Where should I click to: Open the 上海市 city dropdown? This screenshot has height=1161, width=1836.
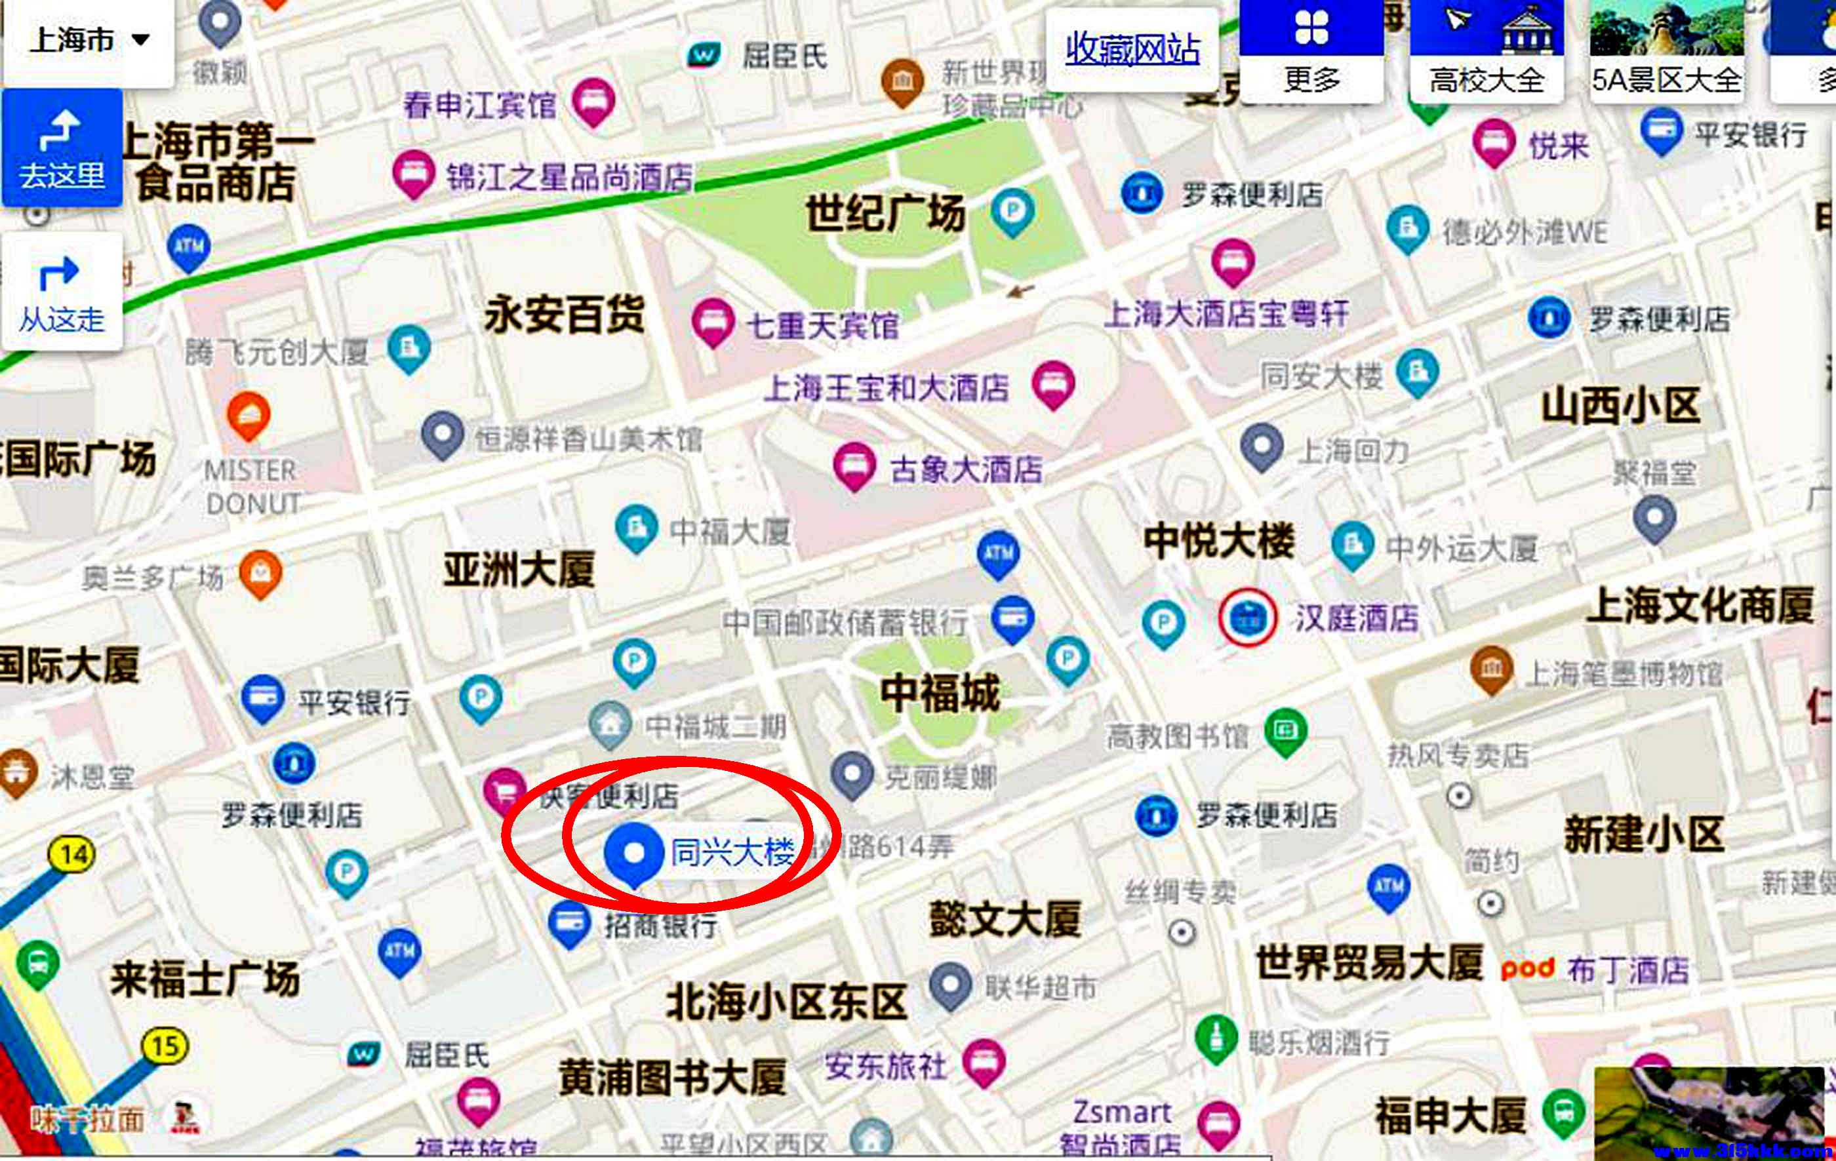(x=88, y=39)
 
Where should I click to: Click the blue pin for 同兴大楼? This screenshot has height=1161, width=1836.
(x=633, y=854)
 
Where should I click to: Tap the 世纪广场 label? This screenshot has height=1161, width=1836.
(x=885, y=212)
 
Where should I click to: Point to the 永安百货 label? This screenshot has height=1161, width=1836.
(x=564, y=315)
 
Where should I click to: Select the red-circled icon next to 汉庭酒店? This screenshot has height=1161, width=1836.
(x=1247, y=617)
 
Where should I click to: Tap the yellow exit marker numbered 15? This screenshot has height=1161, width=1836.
(x=165, y=1046)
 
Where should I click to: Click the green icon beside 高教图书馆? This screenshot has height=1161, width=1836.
(x=1285, y=730)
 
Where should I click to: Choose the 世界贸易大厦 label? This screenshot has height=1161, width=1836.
(x=1368, y=963)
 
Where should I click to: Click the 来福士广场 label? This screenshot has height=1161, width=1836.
(x=205, y=979)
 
